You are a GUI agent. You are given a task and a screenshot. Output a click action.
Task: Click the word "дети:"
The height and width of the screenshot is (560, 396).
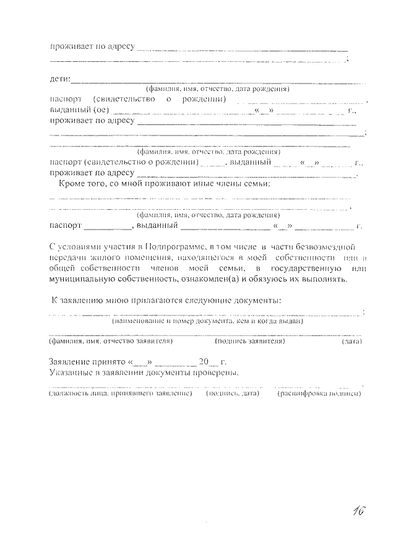click(x=60, y=79)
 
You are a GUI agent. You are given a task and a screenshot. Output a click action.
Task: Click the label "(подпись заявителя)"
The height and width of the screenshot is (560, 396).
click(x=249, y=341)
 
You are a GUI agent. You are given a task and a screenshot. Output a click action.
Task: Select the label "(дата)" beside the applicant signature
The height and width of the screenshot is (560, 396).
click(x=351, y=341)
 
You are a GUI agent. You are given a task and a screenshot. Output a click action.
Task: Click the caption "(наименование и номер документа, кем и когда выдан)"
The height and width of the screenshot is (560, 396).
click(x=207, y=322)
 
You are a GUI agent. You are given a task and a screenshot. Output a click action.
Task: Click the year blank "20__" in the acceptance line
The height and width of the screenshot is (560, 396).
click(x=209, y=361)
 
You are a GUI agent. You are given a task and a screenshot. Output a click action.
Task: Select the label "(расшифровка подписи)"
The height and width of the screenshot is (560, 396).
click(x=319, y=393)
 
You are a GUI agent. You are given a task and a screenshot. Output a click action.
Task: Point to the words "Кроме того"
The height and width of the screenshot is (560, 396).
click(x=82, y=184)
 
